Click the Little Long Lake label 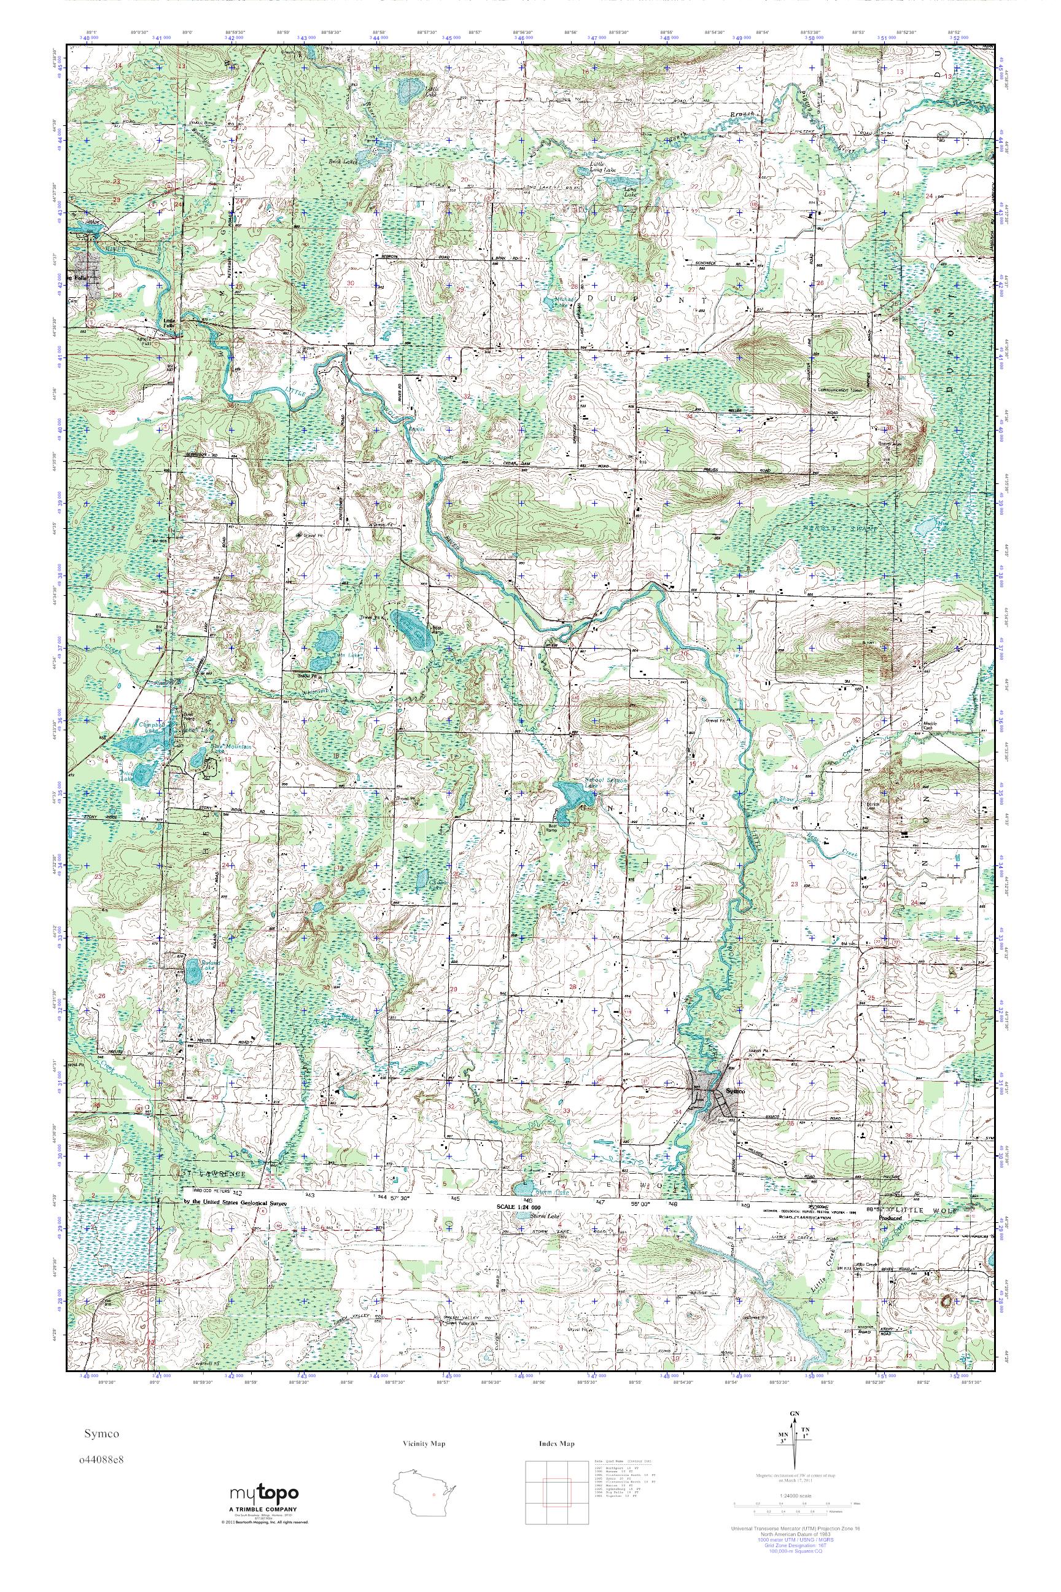(598, 166)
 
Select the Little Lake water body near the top (409, 88)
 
